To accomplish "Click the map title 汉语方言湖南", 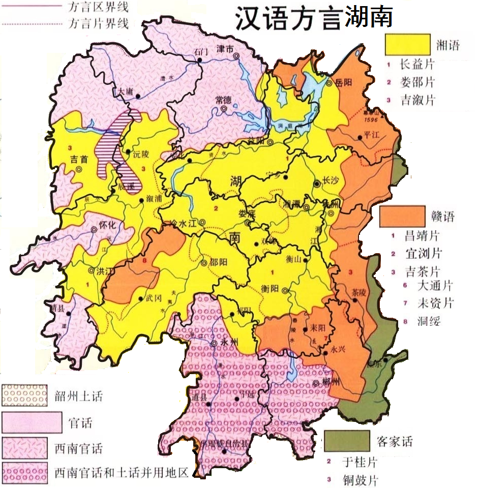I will pos(313,19).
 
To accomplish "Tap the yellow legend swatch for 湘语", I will pos(407,45).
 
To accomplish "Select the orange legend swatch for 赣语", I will pos(402,217).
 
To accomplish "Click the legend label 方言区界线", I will pos(98,7).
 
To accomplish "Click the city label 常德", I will pos(224,100).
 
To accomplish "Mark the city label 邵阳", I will pos(219,263).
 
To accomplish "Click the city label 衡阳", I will pos(271,288).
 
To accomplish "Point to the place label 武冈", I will pos(153,299).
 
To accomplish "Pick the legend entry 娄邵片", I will pos(417,82).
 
